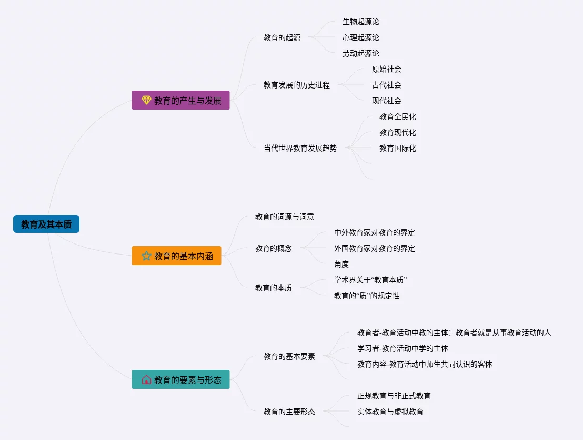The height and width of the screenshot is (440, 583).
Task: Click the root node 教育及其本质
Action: click(46, 224)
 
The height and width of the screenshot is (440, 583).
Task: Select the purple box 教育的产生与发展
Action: click(180, 100)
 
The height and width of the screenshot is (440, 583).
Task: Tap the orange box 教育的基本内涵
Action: click(176, 256)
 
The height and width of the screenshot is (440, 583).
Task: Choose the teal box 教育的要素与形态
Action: click(180, 379)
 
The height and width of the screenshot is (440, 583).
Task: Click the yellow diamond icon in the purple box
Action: click(146, 100)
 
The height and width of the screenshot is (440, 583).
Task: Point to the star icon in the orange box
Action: click(146, 256)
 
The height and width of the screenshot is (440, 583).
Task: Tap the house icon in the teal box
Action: click(146, 379)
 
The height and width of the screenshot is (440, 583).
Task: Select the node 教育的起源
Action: click(282, 37)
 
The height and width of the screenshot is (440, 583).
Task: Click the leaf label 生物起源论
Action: click(361, 22)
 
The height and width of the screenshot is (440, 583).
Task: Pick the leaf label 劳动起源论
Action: click(361, 53)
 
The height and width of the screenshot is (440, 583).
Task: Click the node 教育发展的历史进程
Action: click(297, 85)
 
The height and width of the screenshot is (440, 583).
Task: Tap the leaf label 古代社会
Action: click(387, 85)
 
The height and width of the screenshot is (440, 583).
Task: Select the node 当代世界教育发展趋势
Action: click(300, 148)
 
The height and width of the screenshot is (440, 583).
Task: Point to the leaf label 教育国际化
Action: click(398, 148)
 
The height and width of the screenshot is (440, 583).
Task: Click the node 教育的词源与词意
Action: click(285, 217)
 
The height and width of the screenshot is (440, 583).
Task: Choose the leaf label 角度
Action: click(341, 264)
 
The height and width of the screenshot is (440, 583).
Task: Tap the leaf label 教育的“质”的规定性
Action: click(367, 296)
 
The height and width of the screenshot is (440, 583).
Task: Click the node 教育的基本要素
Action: click(289, 356)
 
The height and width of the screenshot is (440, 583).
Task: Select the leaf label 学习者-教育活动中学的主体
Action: click(403, 348)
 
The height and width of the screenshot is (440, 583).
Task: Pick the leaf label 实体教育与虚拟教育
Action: click(390, 412)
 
